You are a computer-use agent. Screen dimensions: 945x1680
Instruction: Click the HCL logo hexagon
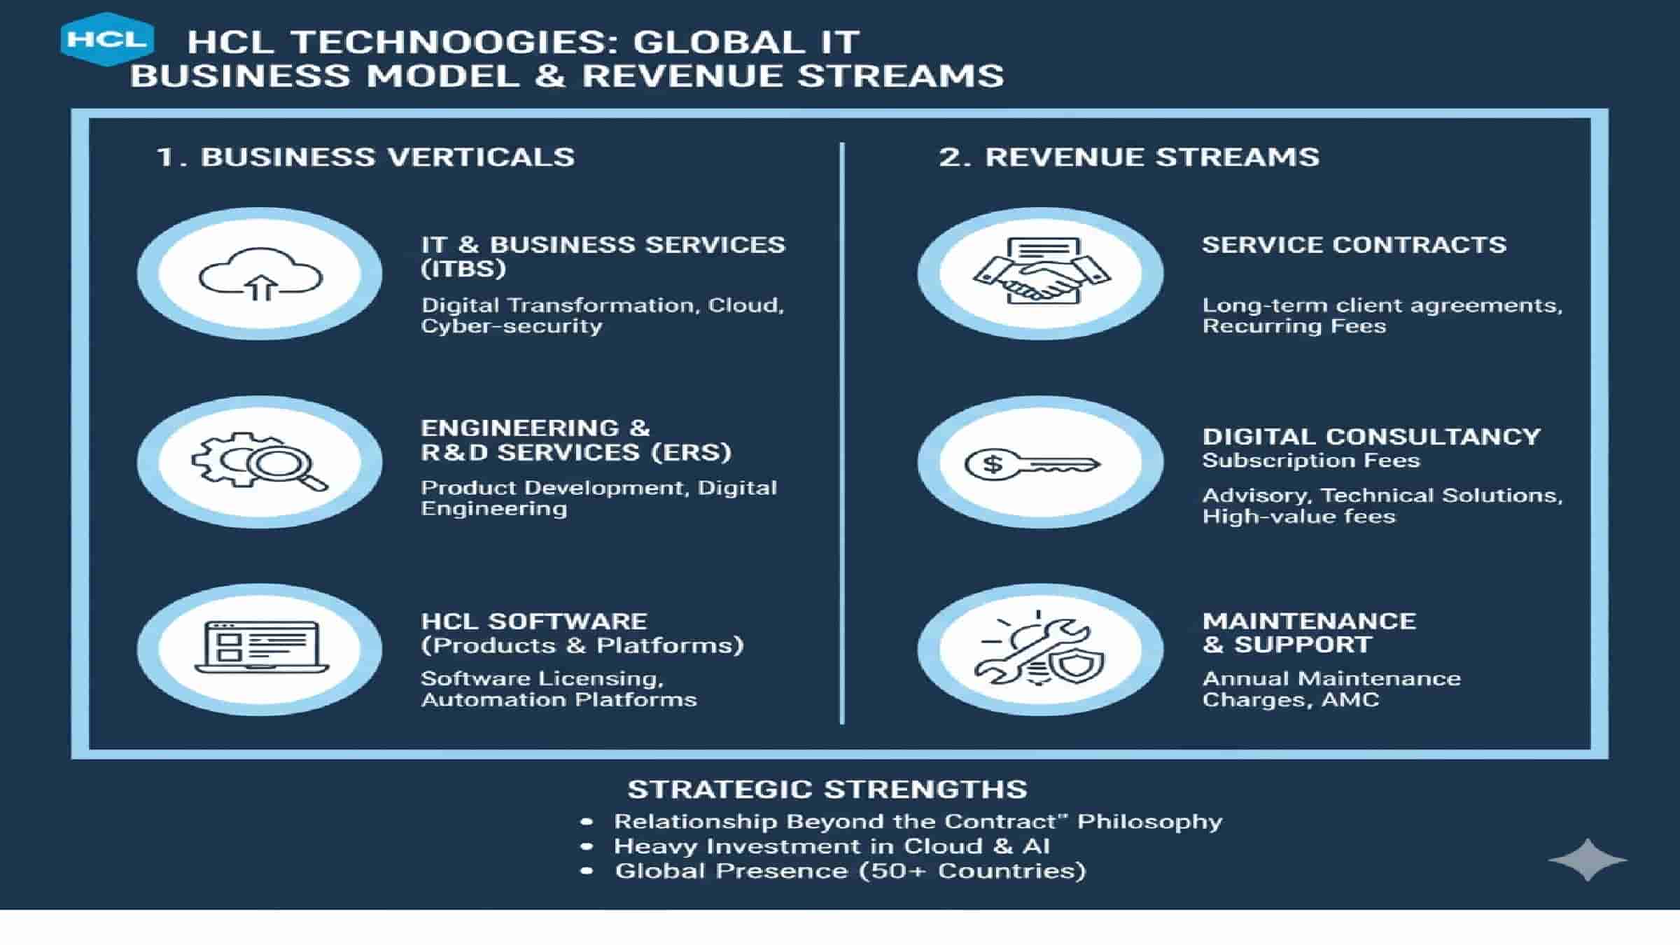point(107,39)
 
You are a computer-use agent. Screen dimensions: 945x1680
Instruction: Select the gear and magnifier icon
point(260,462)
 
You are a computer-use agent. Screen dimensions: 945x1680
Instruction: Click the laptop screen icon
point(261,648)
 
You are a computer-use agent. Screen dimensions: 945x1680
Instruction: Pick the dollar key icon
point(1032,463)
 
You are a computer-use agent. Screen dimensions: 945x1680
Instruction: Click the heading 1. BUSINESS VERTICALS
point(365,157)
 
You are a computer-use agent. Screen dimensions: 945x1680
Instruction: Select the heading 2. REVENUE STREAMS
point(1128,157)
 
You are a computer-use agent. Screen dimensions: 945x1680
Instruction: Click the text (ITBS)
point(463,269)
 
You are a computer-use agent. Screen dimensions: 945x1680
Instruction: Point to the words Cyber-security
point(511,326)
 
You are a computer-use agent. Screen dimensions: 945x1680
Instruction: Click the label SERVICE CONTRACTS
point(1354,245)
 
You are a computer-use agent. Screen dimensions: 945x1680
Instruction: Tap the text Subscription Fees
point(1310,461)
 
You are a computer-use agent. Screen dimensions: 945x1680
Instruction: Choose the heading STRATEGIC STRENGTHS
point(827,789)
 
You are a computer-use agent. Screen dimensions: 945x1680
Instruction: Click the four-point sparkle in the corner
point(1588,859)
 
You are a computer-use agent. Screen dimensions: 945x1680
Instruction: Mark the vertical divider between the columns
point(841,434)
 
